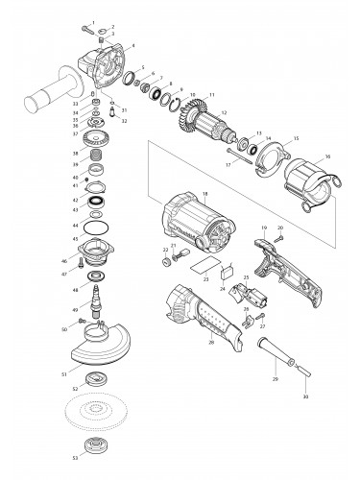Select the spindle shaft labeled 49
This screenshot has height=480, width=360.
pos(97,311)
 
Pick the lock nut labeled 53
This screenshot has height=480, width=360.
pos(97,444)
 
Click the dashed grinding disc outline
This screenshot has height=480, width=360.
pos(97,414)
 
